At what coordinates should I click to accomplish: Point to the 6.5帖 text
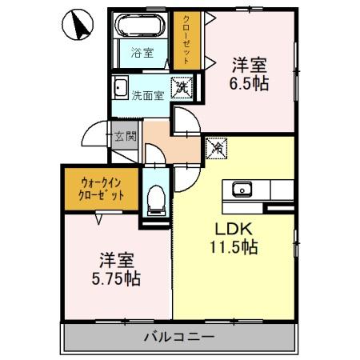[249, 83]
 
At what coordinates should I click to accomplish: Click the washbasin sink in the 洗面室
[122, 88]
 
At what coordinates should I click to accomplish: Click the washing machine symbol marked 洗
[183, 87]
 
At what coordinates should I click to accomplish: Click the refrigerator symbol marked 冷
[215, 147]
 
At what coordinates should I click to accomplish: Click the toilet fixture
[157, 195]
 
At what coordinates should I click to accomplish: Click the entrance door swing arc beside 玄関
[96, 134]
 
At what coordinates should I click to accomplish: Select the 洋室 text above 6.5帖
[249, 63]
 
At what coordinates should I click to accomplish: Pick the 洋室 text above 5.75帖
[118, 260]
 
